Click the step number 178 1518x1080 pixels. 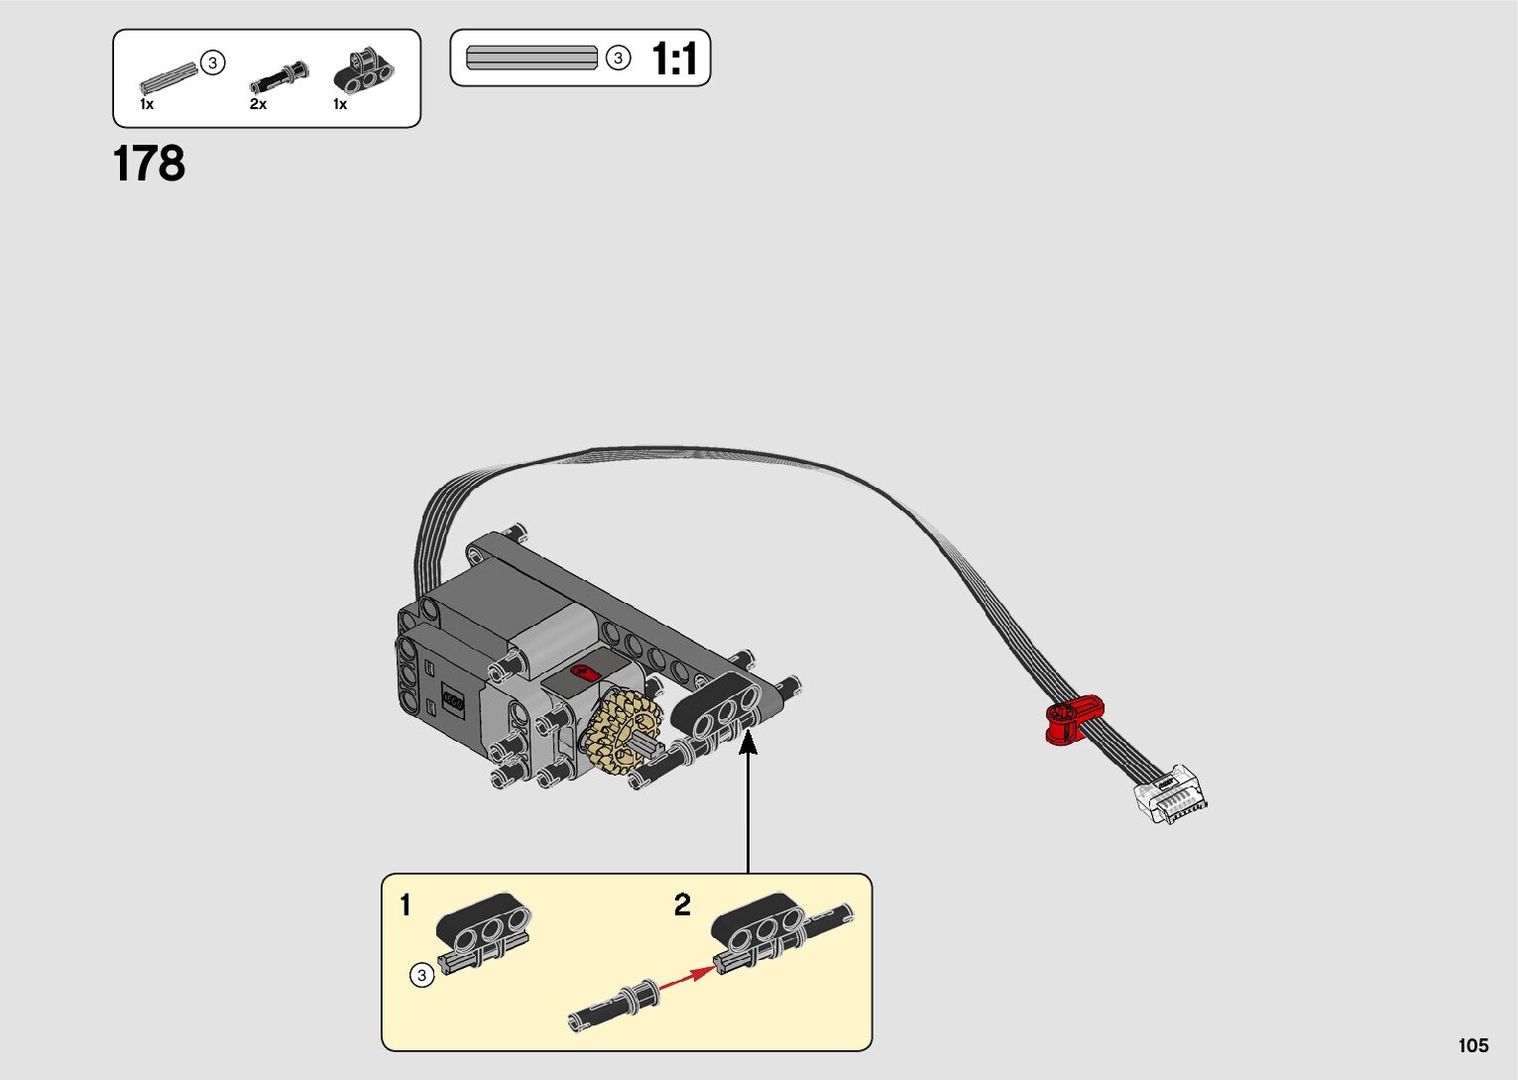coord(149,165)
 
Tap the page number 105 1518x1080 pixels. coord(1472,1045)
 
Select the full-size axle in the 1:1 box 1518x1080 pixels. coord(531,58)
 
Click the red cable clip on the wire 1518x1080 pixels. coord(1073,718)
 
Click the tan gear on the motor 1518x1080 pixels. coord(623,732)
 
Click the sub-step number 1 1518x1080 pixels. coord(405,904)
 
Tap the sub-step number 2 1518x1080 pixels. coord(682,904)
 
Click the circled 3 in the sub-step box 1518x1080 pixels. coord(421,976)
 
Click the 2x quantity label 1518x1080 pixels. coord(258,104)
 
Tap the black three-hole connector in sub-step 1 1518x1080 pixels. coord(484,924)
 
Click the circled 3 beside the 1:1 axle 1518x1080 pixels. coord(618,59)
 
